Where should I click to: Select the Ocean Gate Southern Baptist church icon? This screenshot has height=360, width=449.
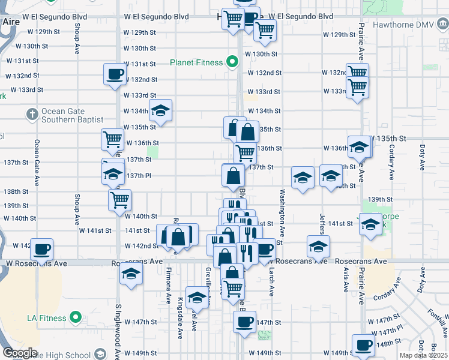point(32,113)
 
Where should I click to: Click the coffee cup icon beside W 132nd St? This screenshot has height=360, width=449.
point(115,74)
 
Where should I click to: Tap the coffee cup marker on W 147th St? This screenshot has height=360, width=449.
point(244,322)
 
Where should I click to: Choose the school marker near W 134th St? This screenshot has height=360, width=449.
point(160,110)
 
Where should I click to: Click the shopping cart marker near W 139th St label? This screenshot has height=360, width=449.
point(119,199)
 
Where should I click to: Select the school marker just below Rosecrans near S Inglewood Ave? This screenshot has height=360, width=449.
point(130,274)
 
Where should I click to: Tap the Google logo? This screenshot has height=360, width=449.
point(19,352)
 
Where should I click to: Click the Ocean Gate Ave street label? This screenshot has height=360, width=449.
point(37,161)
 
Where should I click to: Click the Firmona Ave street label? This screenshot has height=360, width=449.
point(167,283)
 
